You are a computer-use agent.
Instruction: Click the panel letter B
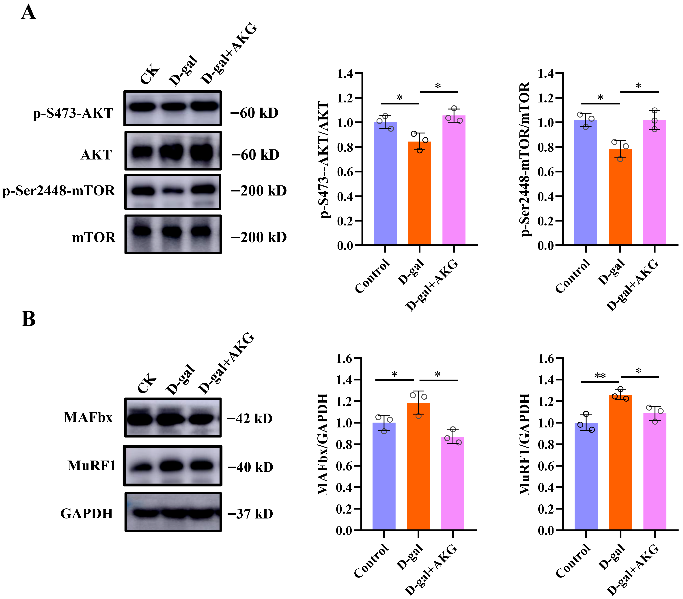point(28,319)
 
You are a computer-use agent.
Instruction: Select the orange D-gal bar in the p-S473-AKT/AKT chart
point(419,193)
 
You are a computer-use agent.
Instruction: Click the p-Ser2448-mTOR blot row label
point(59,191)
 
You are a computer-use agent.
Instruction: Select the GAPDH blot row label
point(86,513)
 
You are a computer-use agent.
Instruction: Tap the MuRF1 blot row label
point(92,465)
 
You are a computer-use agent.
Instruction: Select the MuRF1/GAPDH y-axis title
point(525,444)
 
